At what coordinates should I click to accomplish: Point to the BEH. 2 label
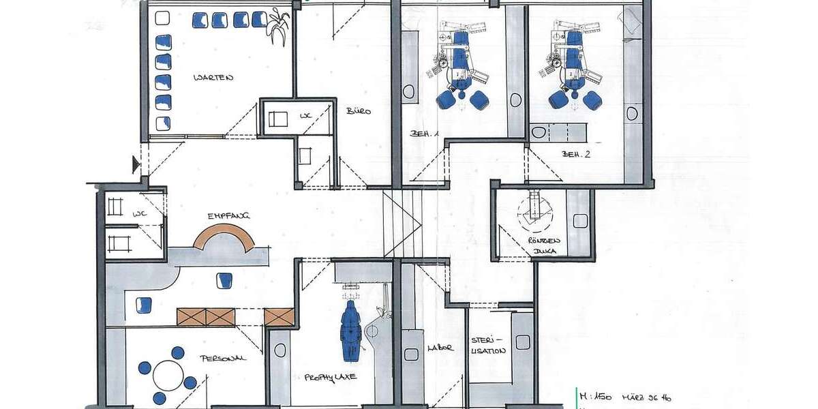576,154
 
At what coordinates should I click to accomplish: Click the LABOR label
440,348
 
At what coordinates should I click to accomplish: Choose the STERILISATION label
487,345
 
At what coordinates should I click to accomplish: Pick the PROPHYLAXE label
331,376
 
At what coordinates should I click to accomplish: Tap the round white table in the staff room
168,375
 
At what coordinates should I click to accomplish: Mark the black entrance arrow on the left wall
136,164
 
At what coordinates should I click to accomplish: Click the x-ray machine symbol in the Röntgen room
535,210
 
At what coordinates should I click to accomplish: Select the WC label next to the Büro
305,117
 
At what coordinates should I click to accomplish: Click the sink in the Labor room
410,354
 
